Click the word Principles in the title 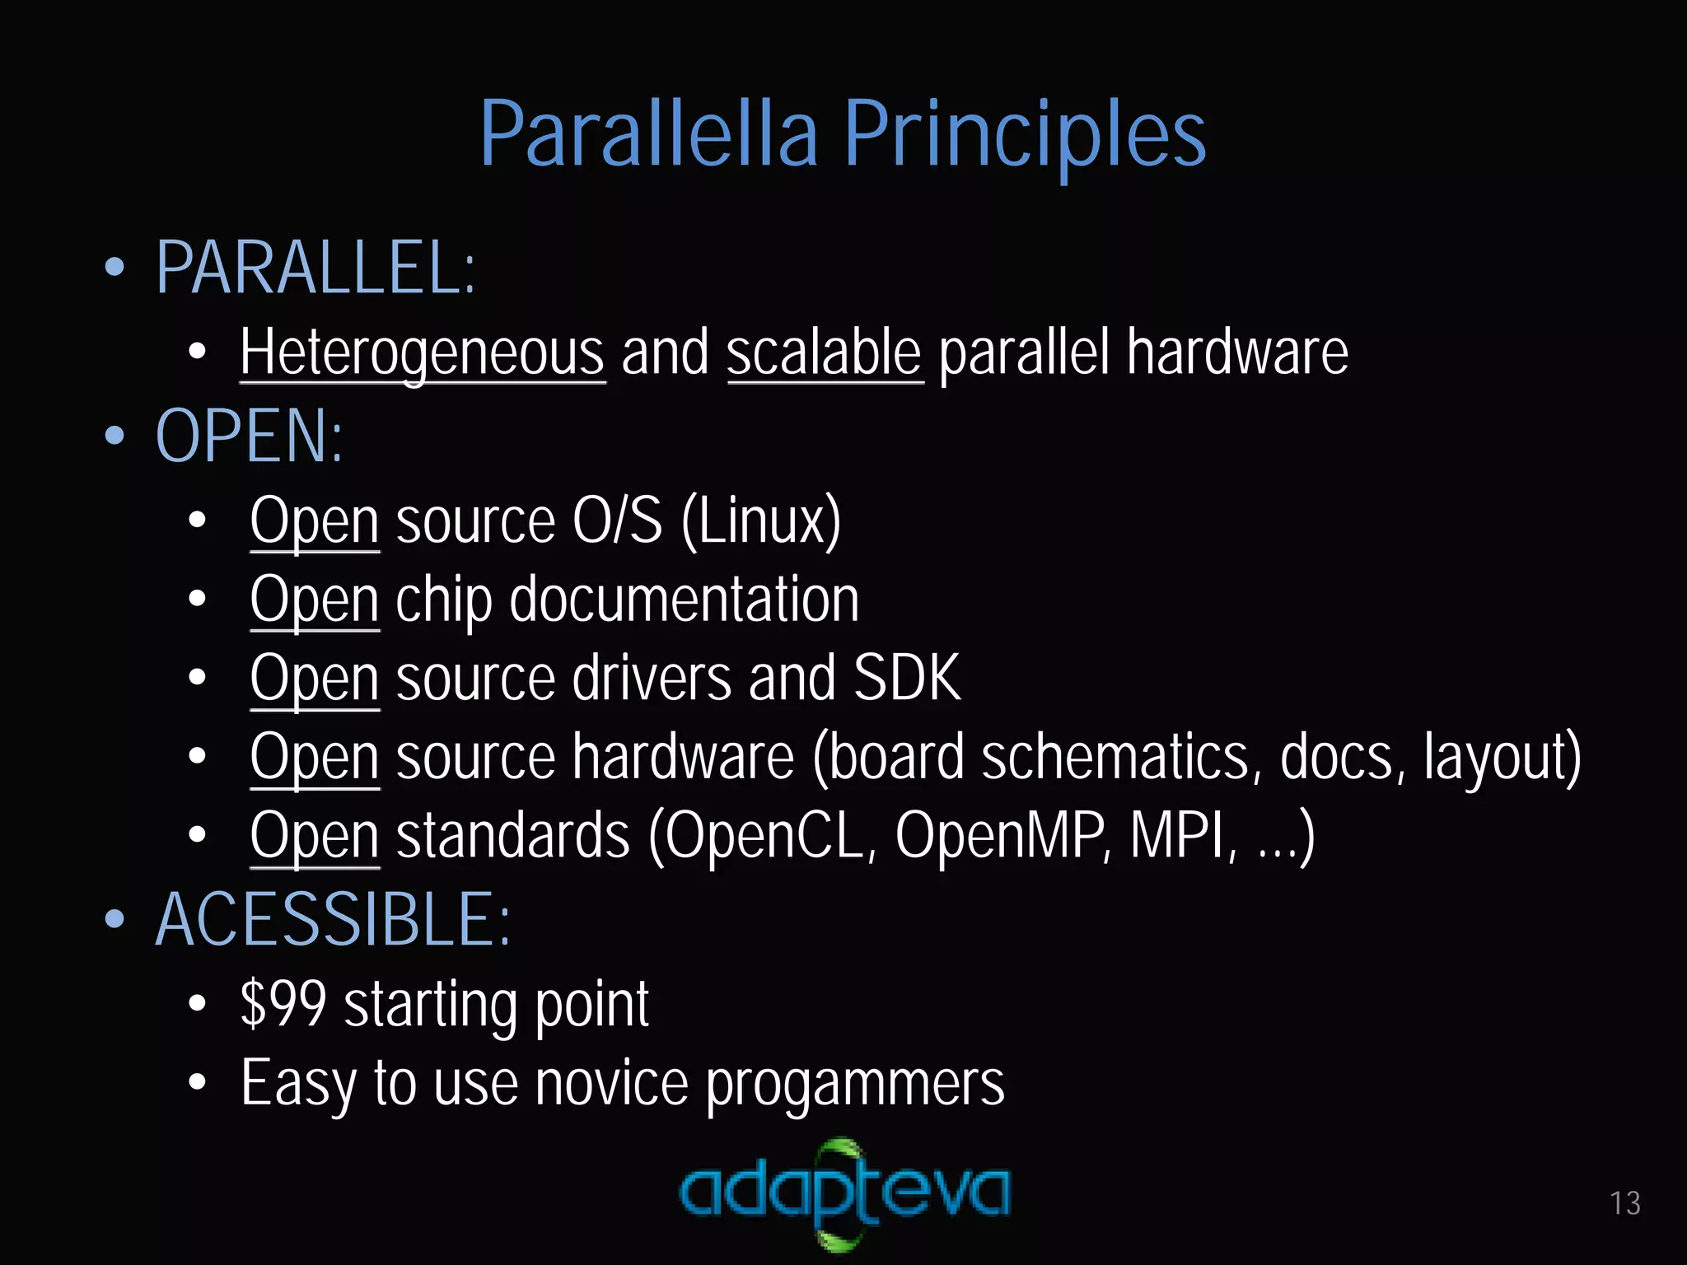click(1025, 133)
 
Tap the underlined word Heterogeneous click(423, 352)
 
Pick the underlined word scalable click(824, 352)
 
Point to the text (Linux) click(761, 520)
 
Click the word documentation click(685, 600)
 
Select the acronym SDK click(907, 678)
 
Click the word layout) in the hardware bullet click(1502, 757)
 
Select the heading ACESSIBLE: click(333, 919)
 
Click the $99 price click(283, 1004)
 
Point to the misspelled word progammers click(855, 1084)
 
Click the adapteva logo click(844, 1193)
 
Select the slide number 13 click(1625, 1203)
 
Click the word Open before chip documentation click(315, 600)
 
